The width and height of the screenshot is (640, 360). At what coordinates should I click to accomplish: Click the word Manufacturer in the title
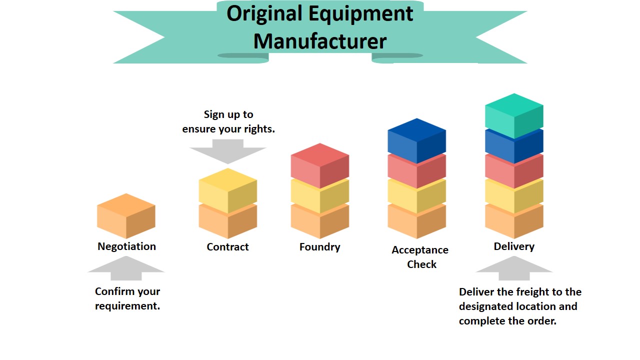pos(319,41)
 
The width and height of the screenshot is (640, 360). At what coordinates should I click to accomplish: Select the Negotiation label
pos(126,246)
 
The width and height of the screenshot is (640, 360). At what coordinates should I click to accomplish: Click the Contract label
pos(227,247)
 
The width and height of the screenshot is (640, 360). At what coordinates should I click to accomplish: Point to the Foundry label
pos(319,247)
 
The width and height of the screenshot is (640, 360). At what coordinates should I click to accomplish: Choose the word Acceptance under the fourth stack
pos(420,250)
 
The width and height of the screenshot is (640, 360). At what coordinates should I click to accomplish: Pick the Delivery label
pos(514,246)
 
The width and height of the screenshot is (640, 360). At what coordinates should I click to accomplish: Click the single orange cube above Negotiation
pos(126,216)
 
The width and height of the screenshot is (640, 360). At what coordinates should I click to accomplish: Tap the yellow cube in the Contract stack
pos(228,190)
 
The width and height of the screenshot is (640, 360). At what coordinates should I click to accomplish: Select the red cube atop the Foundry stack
pos(320,165)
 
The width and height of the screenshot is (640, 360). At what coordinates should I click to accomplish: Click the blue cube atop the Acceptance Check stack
pos(417,141)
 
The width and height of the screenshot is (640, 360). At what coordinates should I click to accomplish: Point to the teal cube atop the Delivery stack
pos(514,116)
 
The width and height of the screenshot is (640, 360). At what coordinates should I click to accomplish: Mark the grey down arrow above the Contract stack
pos(228,151)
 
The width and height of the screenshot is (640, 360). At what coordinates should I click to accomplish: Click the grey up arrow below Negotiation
pos(126,268)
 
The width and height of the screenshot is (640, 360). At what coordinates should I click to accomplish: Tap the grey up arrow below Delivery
pos(514,268)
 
